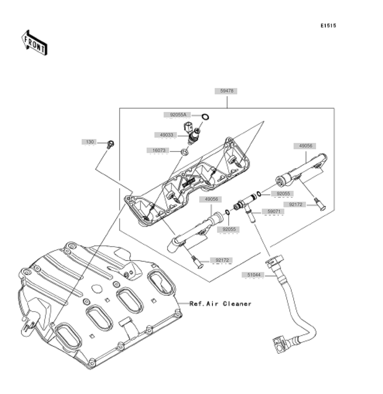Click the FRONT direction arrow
point(34,43)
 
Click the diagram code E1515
point(328,26)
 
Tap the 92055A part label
point(178,115)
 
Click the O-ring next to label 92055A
point(205,117)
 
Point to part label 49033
point(166,135)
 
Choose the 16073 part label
point(159,150)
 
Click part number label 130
point(90,142)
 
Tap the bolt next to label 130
point(110,144)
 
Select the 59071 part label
point(274,212)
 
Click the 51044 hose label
point(254,275)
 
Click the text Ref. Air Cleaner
point(220,304)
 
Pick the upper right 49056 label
point(305,146)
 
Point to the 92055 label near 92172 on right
point(283,194)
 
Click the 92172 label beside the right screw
point(295,204)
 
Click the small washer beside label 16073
point(184,152)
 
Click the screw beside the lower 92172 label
point(198,262)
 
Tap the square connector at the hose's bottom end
point(279,345)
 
